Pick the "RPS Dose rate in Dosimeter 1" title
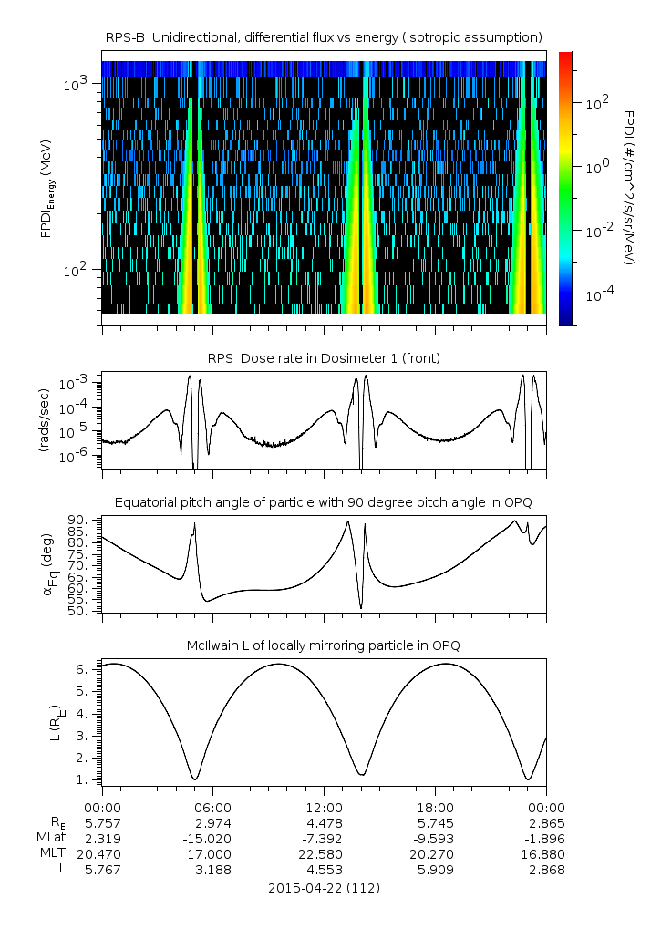(324, 358)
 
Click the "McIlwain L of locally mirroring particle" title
(324, 645)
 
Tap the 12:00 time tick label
(324, 808)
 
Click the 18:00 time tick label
(435, 808)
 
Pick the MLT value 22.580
(324, 854)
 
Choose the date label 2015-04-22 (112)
(324, 887)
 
